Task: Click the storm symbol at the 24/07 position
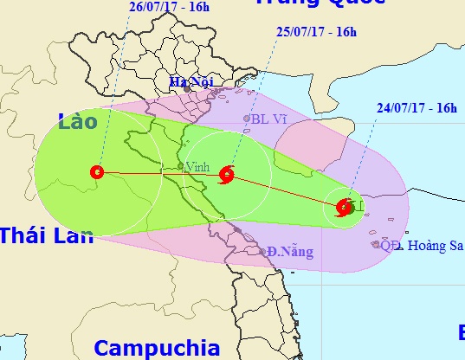coord(342,207)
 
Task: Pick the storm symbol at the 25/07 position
coord(227,173)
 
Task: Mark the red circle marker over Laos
coord(95,171)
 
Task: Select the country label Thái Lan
coord(45,235)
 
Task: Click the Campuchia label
coord(157,348)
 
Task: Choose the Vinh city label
coord(196,165)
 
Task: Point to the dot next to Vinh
coord(180,166)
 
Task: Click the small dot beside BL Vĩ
coord(247,119)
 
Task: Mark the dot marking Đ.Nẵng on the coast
coord(264,252)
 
